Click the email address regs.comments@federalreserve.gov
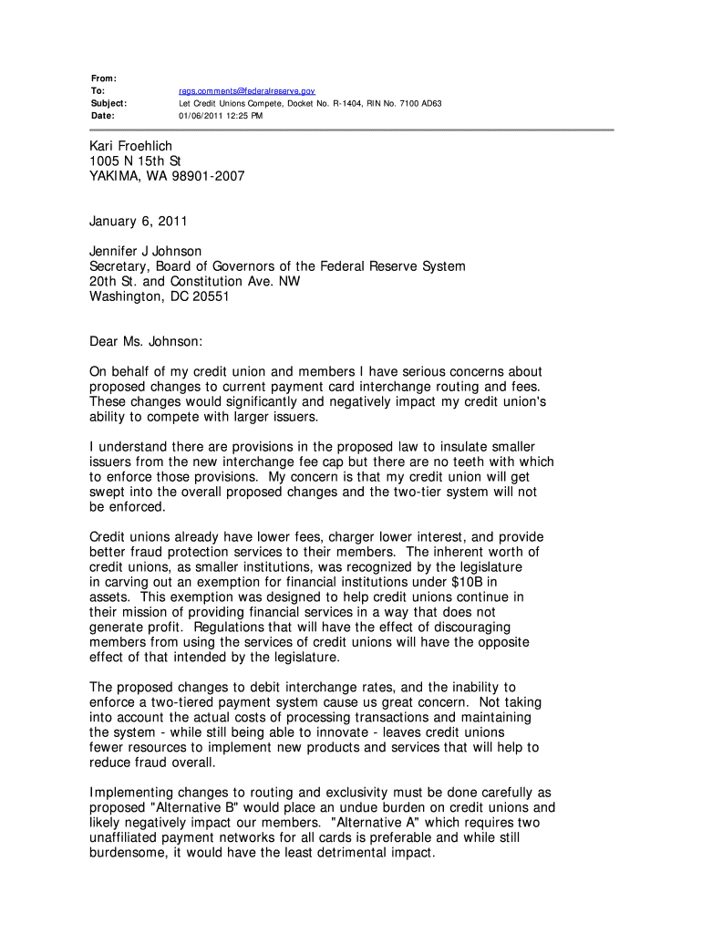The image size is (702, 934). (x=246, y=91)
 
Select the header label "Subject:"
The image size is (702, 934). (x=108, y=104)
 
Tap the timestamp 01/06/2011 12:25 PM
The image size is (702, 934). (x=220, y=116)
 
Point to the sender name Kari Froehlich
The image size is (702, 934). (x=130, y=146)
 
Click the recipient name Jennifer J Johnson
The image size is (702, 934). (x=146, y=251)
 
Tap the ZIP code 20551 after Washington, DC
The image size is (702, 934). (x=211, y=296)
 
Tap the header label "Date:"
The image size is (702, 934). (x=103, y=116)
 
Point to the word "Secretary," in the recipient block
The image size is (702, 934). (x=121, y=266)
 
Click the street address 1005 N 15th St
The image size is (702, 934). (x=135, y=161)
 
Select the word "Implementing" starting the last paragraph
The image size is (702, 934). (x=134, y=794)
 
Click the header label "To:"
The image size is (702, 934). (x=98, y=91)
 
